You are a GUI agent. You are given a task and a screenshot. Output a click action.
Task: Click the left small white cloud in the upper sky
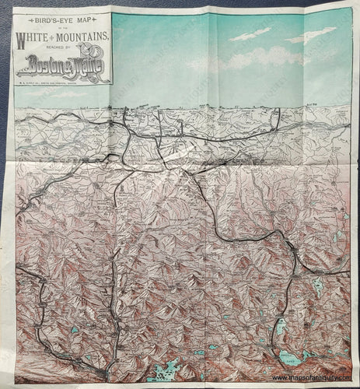click(250, 34)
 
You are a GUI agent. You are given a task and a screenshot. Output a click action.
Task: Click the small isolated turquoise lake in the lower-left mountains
click(73, 330)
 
